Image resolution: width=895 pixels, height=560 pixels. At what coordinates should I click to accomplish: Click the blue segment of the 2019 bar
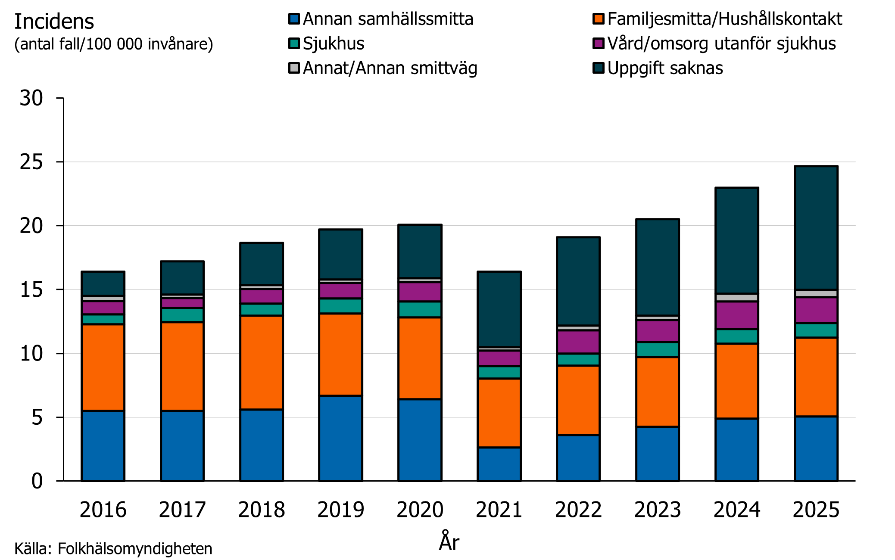(340, 438)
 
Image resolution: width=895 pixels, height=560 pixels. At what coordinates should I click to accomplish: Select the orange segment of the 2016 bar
(103, 367)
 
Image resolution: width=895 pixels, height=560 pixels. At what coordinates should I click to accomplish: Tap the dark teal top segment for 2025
(816, 227)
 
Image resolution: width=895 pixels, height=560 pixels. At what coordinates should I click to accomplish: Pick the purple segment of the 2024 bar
(737, 315)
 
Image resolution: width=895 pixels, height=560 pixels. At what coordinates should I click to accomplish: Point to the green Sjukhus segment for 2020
(420, 309)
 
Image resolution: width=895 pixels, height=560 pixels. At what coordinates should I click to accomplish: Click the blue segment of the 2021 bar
(499, 464)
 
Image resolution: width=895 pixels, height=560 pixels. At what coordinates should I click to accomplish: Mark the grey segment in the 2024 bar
(737, 297)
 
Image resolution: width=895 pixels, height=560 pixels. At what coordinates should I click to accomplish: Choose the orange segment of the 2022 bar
(578, 400)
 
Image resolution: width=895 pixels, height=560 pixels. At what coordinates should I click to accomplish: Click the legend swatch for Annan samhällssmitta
(294, 19)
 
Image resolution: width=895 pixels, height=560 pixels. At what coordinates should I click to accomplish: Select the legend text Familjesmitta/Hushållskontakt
(724, 19)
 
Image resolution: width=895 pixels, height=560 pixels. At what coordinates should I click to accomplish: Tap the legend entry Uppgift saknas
(665, 68)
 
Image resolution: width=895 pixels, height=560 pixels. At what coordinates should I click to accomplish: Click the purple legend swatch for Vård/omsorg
(598, 44)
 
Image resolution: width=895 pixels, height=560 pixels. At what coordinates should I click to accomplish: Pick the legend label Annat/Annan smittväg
(390, 68)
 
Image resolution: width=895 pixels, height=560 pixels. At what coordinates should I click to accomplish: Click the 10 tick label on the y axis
(31, 354)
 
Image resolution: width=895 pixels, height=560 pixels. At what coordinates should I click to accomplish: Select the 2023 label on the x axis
(658, 510)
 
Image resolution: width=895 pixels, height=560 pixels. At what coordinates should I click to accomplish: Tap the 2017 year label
(182, 510)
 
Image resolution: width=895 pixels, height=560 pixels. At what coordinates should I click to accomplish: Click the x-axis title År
(449, 542)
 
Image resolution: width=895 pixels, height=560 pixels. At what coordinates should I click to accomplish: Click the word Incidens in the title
(54, 22)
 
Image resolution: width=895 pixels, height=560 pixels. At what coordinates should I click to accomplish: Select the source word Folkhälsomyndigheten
(135, 549)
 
